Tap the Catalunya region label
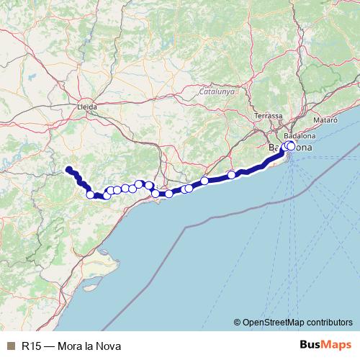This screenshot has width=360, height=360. pos(217,92)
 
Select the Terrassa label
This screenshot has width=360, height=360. pos(269,115)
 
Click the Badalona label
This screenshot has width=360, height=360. pos(300,135)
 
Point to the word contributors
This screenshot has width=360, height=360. pos(328,322)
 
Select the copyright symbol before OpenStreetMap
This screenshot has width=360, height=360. pos(238,322)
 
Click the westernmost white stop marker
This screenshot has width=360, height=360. pos(91,194)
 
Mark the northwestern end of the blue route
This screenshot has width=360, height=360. pos(69,170)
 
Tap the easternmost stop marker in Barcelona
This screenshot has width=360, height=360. pos(291,145)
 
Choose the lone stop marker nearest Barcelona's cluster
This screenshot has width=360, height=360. pos(232,175)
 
